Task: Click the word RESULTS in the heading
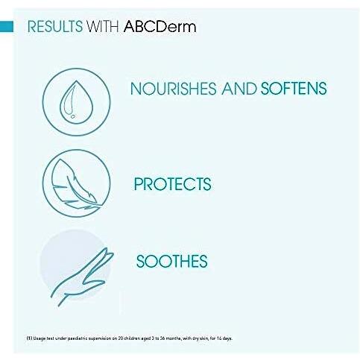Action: [x=51, y=28]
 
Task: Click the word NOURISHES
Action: [x=173, y=89]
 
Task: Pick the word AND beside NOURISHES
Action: [x=239, y=89]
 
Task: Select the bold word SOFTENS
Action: [x=294, y=89]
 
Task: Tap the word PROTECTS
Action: [x=172, y=184]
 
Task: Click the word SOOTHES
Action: [x=171, y=262]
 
